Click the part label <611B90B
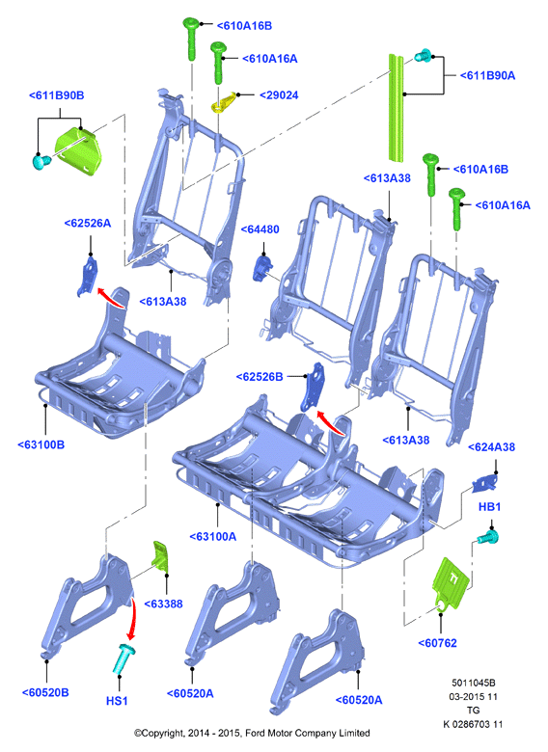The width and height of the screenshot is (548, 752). point(57,95)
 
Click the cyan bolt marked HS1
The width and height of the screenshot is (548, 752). point(123,659)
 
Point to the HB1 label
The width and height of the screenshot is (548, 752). point(489,507)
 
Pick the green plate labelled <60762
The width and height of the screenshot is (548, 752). point(451,584)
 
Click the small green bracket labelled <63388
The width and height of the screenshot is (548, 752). point(161,554)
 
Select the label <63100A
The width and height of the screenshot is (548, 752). point(213,537)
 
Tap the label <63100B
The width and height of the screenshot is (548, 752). point(41,444)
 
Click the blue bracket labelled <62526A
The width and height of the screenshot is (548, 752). point(89,276)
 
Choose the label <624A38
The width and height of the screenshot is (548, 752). point(491,447)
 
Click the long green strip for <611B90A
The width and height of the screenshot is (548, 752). point(396,108)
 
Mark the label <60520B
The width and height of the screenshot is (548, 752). point(45,692)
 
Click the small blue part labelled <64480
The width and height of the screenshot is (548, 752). point(262,268)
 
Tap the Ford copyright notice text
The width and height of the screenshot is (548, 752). point(252,733)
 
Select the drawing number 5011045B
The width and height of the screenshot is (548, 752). point(473,683)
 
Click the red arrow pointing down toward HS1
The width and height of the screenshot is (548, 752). point(132,619)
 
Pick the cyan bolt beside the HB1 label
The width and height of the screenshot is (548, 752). point(488,536)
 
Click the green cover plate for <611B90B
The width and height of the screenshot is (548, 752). point(78,148)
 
